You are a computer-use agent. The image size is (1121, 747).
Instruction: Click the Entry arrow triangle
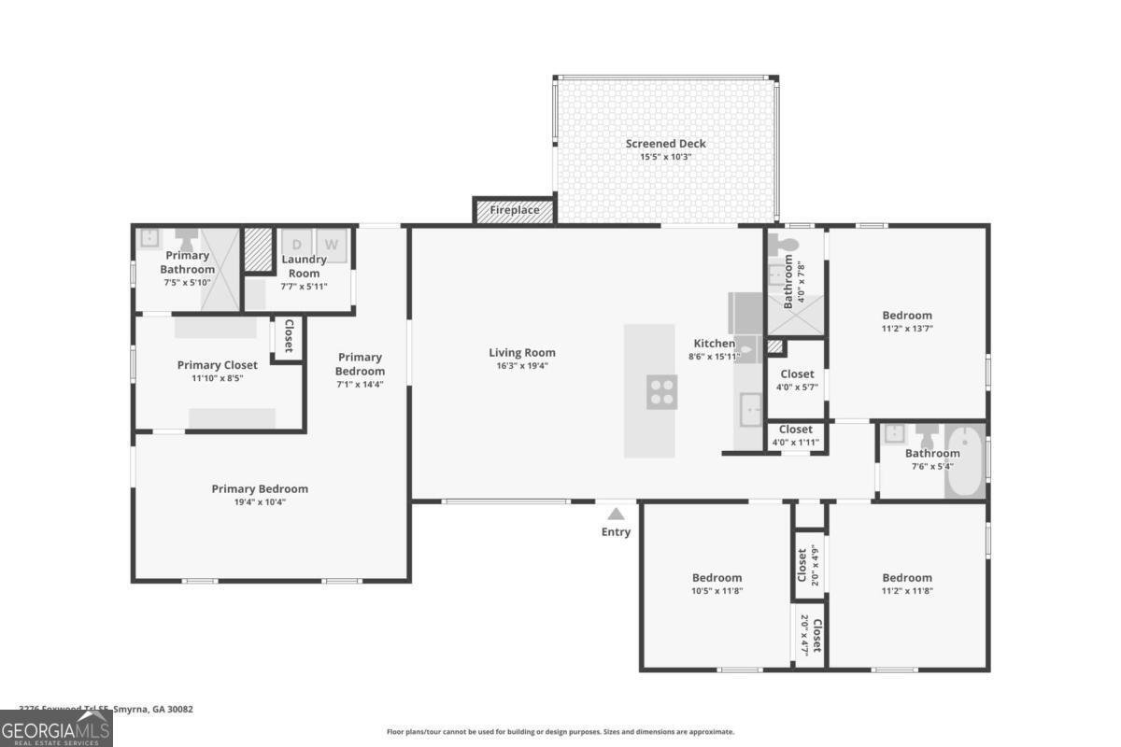[616, 513]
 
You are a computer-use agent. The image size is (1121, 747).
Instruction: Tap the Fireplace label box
[515, 210]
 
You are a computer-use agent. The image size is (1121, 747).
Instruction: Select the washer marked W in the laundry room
[332, 245]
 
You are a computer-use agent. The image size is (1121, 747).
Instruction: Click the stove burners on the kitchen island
[661, 391]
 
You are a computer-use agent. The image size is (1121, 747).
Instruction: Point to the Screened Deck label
[665, 144]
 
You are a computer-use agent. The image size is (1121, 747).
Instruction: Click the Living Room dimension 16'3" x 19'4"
[522, 366]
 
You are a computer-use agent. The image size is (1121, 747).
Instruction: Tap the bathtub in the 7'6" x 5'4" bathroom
[966, 462]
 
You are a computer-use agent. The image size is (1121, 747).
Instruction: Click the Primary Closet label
[217, 365]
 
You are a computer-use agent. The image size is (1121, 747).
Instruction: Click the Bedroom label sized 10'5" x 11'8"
[717, 577]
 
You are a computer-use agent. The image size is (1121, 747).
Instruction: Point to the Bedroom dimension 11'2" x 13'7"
[907, 329]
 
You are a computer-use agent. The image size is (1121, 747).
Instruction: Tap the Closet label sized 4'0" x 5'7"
[797, 373]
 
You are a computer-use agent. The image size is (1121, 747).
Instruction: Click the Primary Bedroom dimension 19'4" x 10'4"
[260, 502]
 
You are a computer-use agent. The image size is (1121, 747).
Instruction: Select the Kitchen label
[714, 344]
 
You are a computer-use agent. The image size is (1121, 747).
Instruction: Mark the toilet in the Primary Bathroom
[187, 237]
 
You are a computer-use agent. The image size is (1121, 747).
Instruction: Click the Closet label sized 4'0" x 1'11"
[797, 430]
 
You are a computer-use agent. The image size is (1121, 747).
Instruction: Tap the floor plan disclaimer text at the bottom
[560, 732]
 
